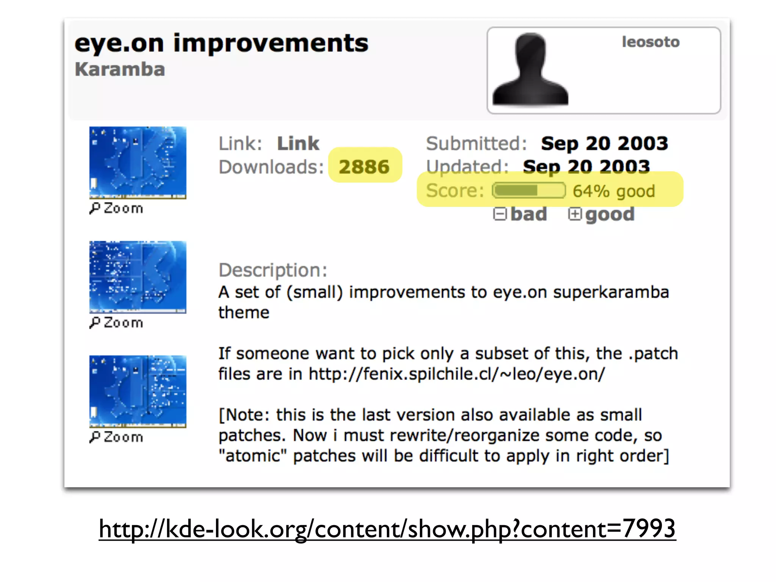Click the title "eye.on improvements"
221,43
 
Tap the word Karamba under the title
120,69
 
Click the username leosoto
651,42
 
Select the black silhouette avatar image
530,70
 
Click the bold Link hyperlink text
298,144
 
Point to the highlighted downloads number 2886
364,167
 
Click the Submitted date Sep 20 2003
604,144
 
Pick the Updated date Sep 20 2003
586,167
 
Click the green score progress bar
529,190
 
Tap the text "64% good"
614,191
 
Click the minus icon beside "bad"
500,214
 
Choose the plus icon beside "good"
574,214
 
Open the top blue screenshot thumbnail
138,163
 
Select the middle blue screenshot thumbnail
138,277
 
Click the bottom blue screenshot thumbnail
138,391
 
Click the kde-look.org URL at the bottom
387,529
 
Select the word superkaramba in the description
611,292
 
